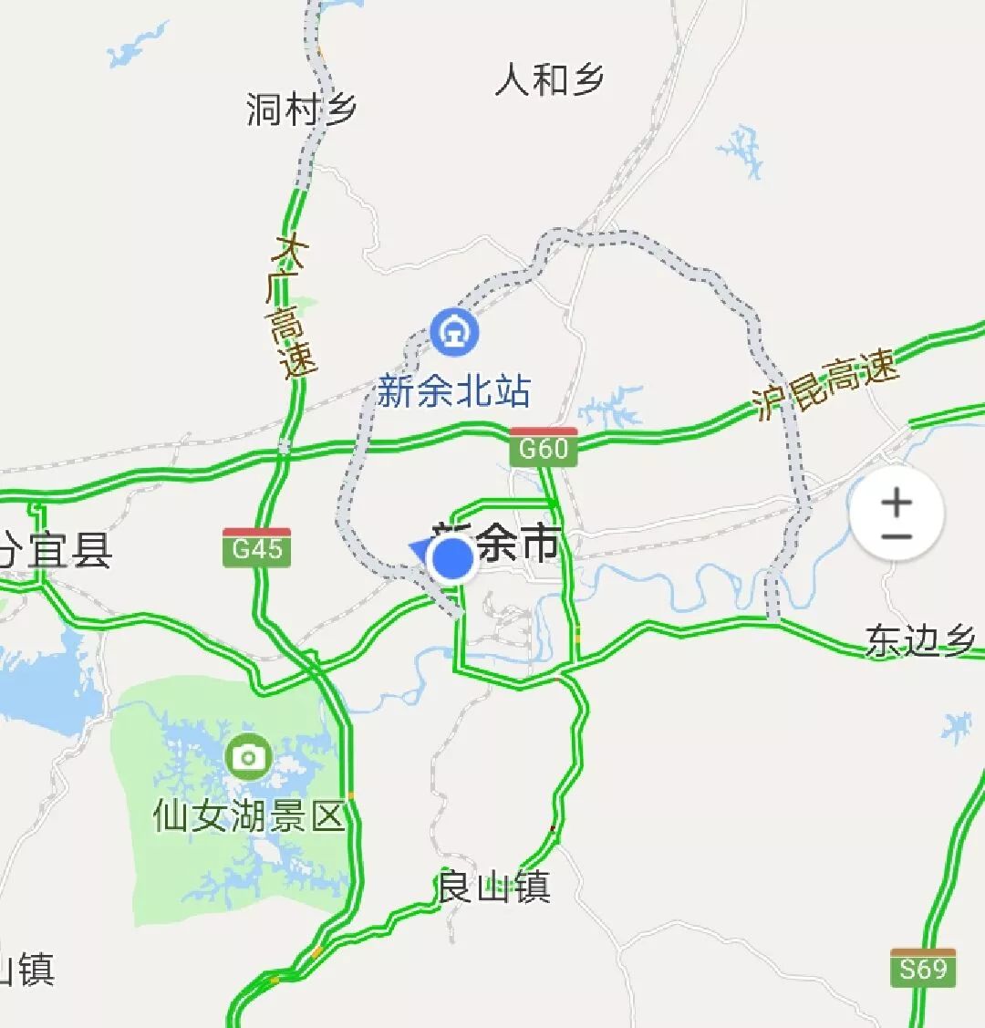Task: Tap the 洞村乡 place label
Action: pos(301,110)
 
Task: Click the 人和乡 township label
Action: pos(549,80)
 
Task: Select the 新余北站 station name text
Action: pos(453,393)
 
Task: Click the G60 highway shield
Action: pos(544,447)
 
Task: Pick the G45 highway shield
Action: pos(257,547)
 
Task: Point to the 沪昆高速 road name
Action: pos(825,385)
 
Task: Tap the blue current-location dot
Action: pos(451,560)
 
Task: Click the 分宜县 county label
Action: pos(57,551)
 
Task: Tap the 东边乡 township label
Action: pos(921,640)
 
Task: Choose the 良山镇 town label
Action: pos(494,887)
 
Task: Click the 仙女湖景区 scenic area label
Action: pos(249,815)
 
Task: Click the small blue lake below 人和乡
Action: pos(741,151)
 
